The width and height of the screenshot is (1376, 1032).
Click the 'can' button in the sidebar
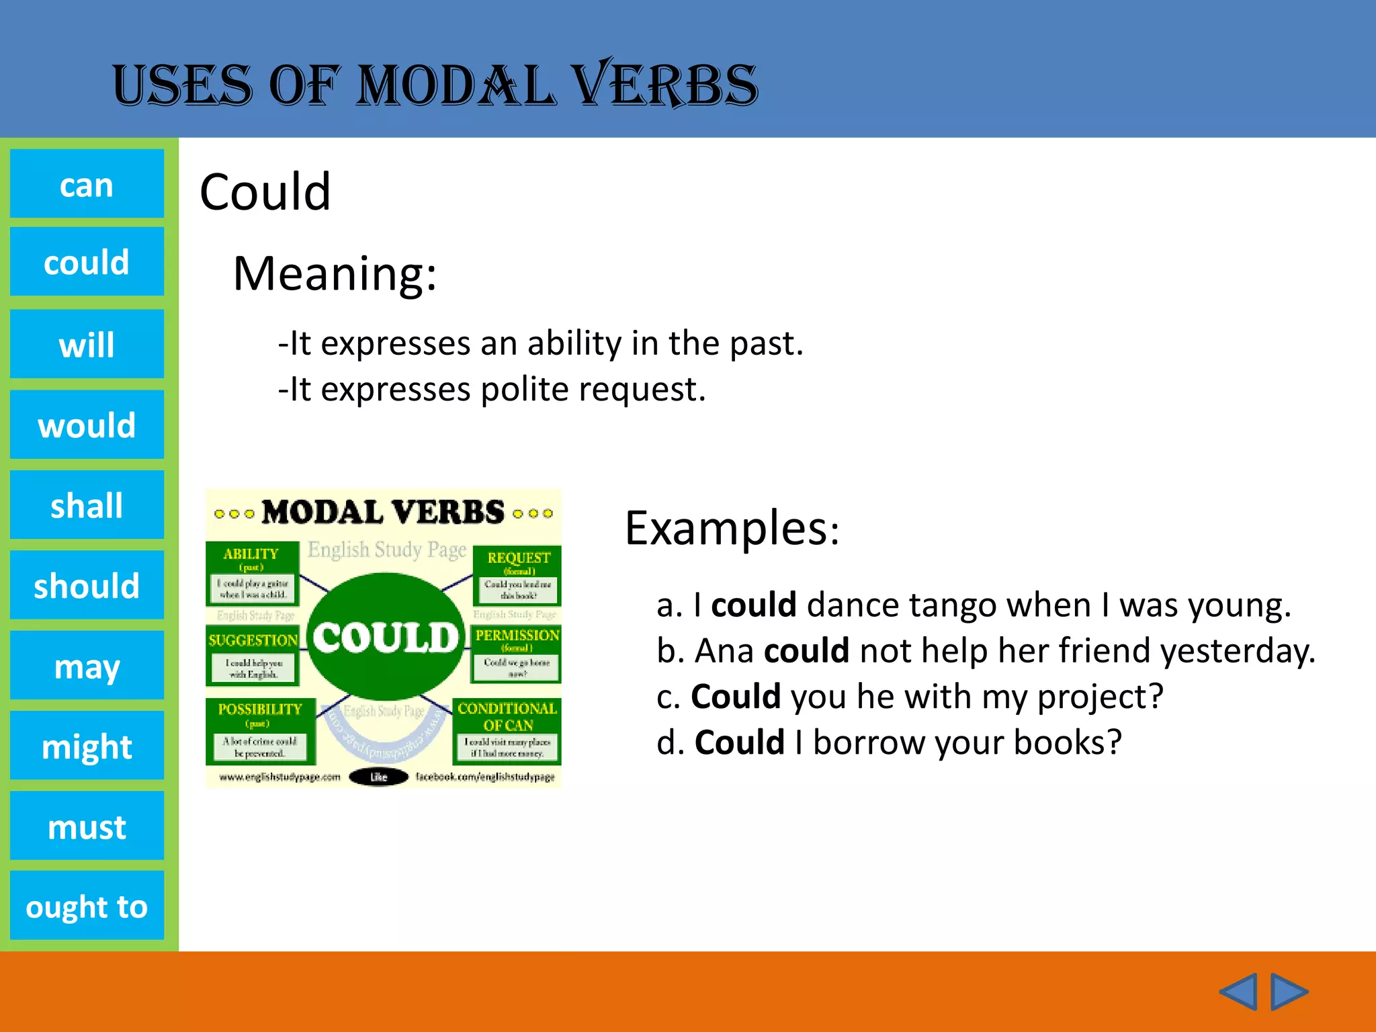(x=87, y=184)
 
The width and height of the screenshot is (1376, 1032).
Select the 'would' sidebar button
(x=87, y=425)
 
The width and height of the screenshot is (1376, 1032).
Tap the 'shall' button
(x=87, y=505)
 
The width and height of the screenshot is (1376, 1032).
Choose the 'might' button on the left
(x=87, y=746)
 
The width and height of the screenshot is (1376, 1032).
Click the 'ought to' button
(x=87, y=906)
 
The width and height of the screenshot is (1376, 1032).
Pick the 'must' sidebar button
(x=87, y=826)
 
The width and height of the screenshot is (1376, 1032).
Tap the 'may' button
(x=87, y=665)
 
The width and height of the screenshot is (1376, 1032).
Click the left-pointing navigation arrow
(x=1238, y=992)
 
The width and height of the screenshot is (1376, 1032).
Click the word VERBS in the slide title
(x=666, y=85)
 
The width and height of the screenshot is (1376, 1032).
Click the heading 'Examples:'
(x=732, y=528)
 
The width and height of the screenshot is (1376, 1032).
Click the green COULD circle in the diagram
(x=386, y=637)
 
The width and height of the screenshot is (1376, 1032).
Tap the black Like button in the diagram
(x=379, y=777)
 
